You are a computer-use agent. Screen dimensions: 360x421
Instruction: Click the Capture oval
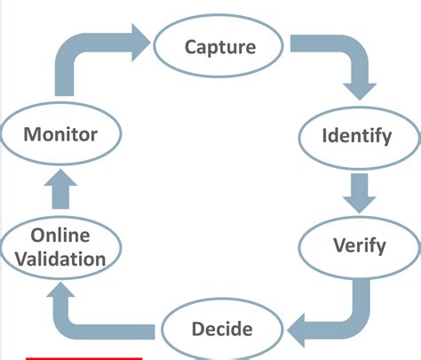219,46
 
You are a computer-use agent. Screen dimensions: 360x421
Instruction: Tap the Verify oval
358,244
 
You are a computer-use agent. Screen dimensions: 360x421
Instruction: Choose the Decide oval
221,329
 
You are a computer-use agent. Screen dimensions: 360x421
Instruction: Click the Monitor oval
60,135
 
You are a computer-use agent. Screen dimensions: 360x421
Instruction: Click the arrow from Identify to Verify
359,190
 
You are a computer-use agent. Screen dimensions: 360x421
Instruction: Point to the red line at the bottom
83,357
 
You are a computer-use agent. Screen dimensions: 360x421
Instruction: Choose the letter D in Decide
198,329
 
